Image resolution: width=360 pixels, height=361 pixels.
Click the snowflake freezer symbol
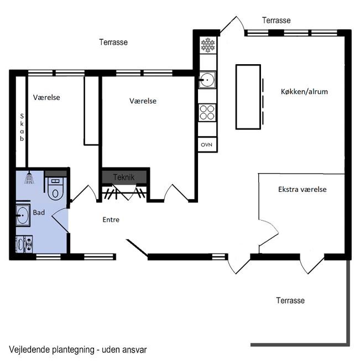pos(208,45)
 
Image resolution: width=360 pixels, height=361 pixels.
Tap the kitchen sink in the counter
pos(207,80)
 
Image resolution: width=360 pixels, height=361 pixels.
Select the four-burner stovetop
pos(207,113)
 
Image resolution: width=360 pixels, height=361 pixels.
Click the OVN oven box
pos(207,145)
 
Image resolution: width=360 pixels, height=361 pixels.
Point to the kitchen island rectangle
pos(248,97)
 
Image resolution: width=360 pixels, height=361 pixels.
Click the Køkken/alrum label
pos(304,92)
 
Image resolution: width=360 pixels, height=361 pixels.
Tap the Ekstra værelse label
pos(302,189)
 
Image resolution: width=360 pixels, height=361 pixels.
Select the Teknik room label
pos(124,177)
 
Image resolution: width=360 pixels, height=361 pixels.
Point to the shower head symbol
pos(29,178)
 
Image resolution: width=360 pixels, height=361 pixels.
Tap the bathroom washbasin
pos(23,215)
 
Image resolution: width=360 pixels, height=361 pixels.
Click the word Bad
pos(39,212)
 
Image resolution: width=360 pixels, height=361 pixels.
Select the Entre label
pos(111,219)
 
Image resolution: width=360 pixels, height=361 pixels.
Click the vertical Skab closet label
pos(22,127)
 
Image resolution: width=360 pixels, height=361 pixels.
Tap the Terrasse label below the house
pos(290,300)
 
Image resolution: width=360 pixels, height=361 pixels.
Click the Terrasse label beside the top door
pos(276,20)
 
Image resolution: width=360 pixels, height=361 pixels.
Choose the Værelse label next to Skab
pos(46,97)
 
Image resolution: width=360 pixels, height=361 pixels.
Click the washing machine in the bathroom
pos(24,244)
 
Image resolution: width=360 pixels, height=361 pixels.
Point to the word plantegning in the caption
pos(73,350)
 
